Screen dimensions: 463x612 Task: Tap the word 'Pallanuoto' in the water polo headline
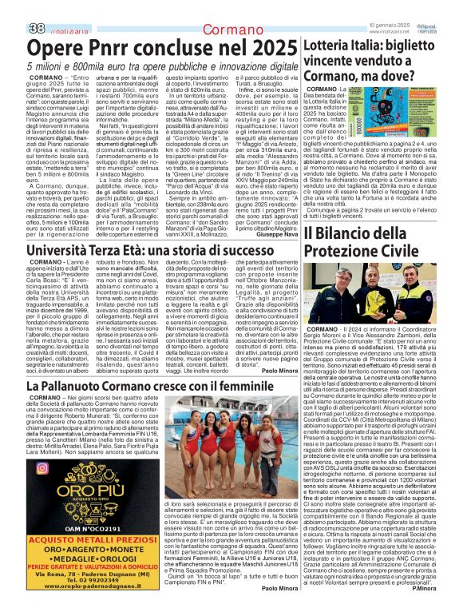point(79,387)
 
